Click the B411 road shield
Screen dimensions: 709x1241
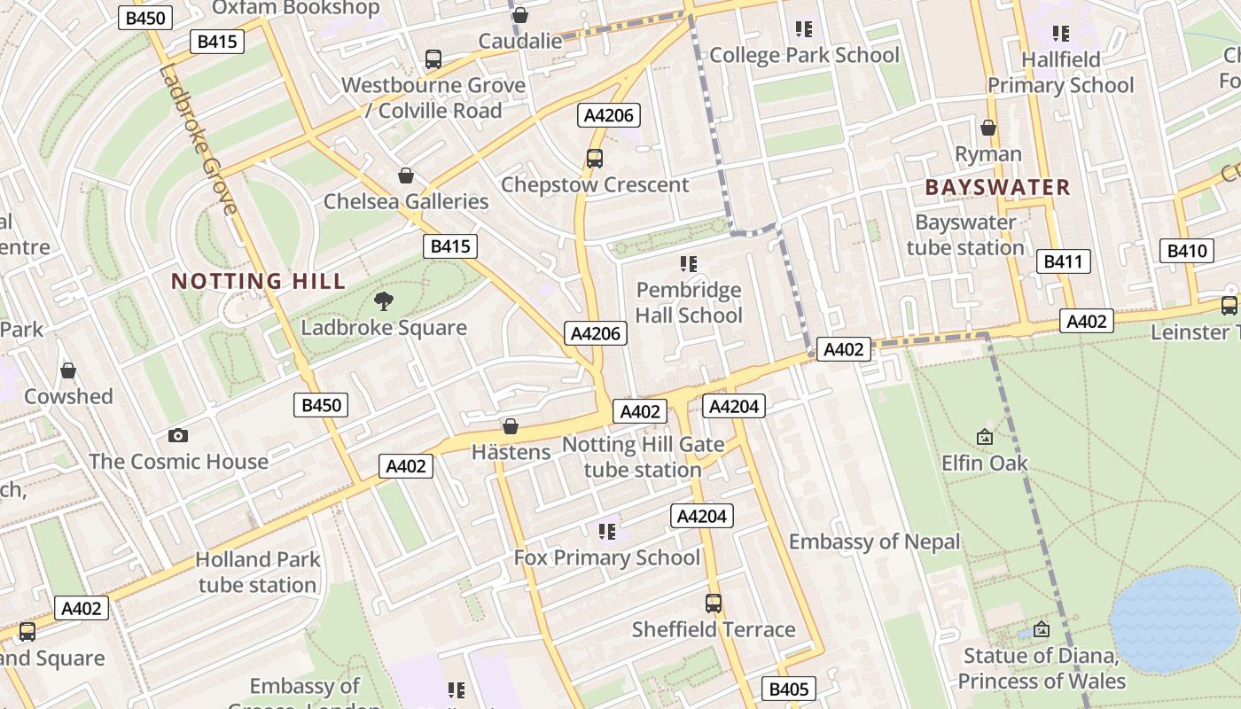(1063, 261)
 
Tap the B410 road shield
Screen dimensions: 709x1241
(1186, 251)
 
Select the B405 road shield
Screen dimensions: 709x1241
(788, 689)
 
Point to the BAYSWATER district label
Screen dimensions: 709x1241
(997, 187)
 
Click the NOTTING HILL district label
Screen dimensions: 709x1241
(258, 282)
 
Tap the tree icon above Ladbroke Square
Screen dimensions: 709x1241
(384, 301)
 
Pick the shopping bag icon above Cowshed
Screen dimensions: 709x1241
(68, 370)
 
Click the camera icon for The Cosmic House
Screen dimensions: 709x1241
(178, 435)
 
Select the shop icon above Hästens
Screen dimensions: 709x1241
(511, 426)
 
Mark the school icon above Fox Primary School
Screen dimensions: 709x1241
(607, 532)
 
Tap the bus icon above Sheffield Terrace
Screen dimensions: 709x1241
(714, 604)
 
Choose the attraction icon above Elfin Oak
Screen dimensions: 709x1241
(984, 437)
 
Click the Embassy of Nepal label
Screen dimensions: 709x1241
(874, 541)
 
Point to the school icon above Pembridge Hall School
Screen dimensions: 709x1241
(689, 264)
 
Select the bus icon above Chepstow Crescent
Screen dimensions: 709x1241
(595, 159)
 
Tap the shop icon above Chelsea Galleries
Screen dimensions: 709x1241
(406, 175)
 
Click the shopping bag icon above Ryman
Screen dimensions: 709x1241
(988, 129)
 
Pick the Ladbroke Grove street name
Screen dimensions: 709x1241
(199, 139)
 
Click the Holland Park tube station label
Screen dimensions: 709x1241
(257, 572)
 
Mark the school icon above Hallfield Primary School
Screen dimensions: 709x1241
(1061, 34)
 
